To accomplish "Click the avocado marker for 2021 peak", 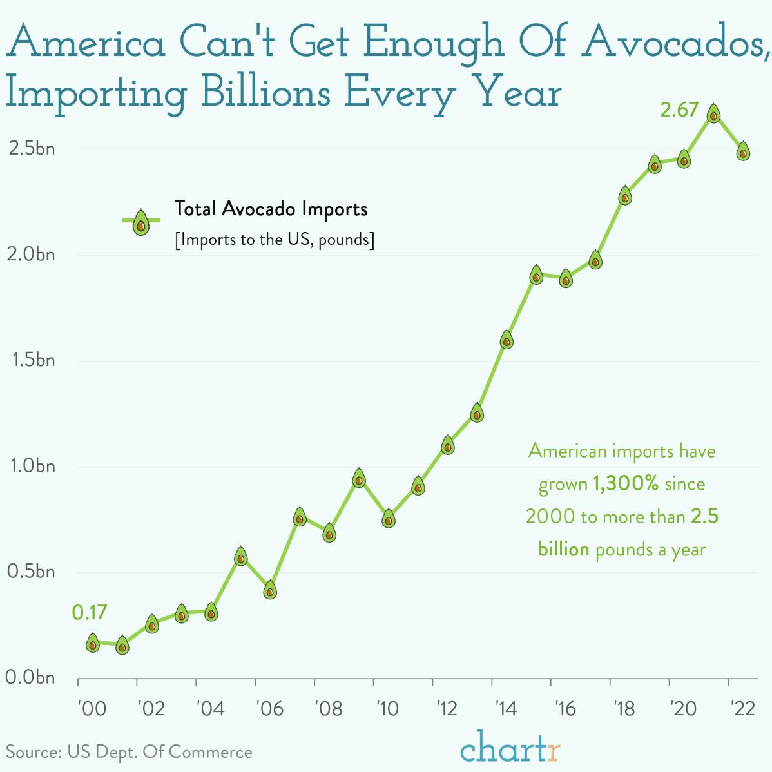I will (713, 114).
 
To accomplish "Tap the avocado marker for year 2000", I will (93, 642).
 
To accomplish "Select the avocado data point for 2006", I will (270, 590).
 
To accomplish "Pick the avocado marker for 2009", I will (359, 479).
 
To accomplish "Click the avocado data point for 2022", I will (743, 151).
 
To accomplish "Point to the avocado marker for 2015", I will (536, 275).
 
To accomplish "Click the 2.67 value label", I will (679, 110).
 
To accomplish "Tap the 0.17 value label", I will (90, 612).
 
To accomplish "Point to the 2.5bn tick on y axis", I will (31, 149).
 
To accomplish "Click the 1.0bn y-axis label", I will (31, 466).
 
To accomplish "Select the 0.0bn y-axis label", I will (31, 678).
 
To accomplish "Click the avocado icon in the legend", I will (140, 223).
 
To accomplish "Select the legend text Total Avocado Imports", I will (271, 209).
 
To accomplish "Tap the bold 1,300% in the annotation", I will (625, 483).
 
